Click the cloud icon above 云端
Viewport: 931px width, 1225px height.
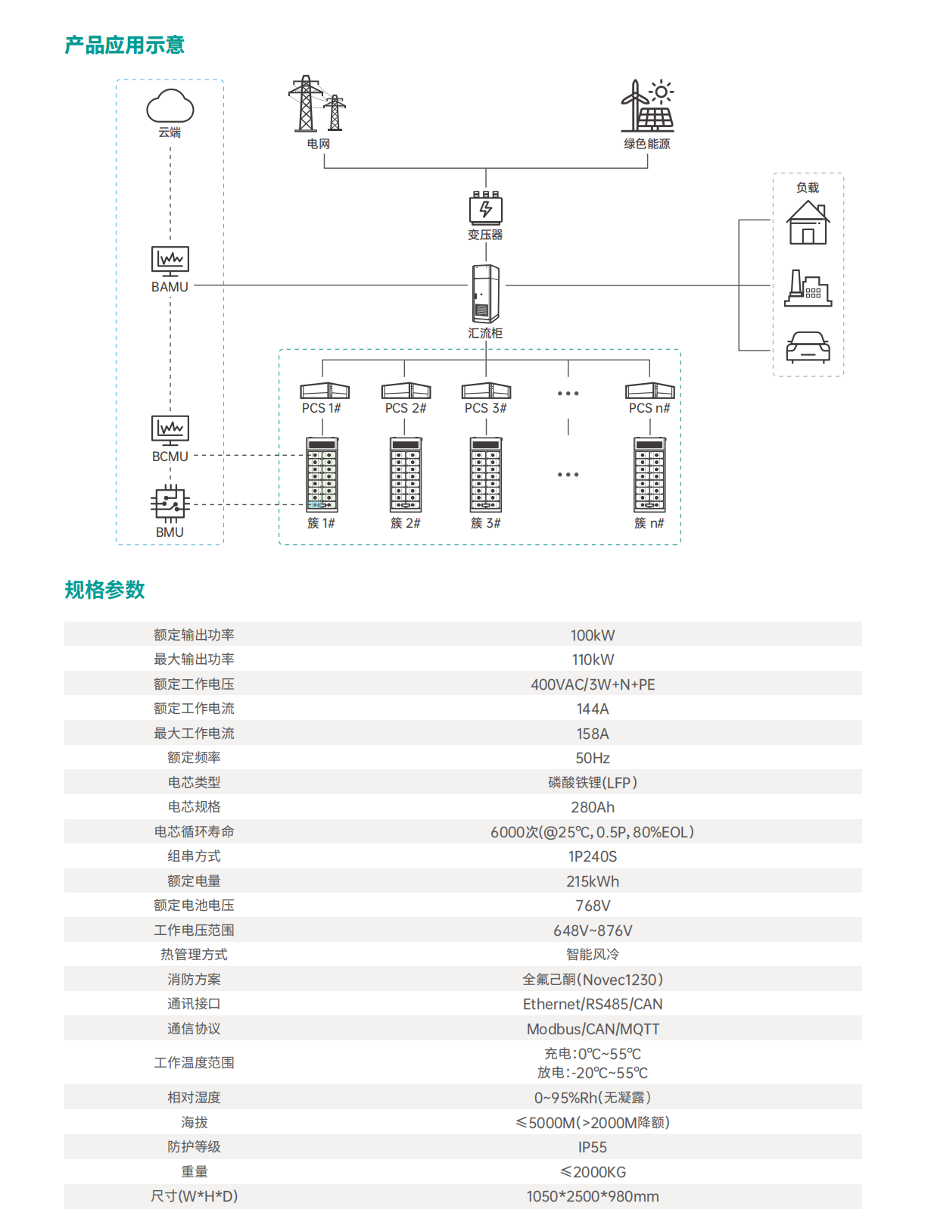point(170,106)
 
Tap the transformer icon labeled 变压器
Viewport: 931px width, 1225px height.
point(486,208)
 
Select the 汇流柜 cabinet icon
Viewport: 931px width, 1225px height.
point(486,294)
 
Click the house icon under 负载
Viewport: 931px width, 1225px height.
point(808,223)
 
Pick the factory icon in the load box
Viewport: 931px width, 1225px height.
point(808,288)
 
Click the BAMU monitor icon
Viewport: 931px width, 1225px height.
point(170,261)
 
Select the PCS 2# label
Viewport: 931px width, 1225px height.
point(406,408)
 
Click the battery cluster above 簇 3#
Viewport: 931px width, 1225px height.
point(486,475)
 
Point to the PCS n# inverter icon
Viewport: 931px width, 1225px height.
point(649,391)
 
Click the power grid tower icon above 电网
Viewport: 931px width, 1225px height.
point(316,104)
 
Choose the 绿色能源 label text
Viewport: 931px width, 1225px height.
point(647,144)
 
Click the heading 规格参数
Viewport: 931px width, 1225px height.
point(104,590)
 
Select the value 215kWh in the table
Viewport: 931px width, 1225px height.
point(593,881)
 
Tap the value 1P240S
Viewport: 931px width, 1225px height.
point(593,856)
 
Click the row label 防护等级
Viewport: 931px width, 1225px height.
point(194,1147)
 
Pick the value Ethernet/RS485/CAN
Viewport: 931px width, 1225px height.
point(593,1004)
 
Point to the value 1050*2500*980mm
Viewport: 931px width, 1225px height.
point(593,1196)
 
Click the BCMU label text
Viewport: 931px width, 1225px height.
point(170,457)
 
